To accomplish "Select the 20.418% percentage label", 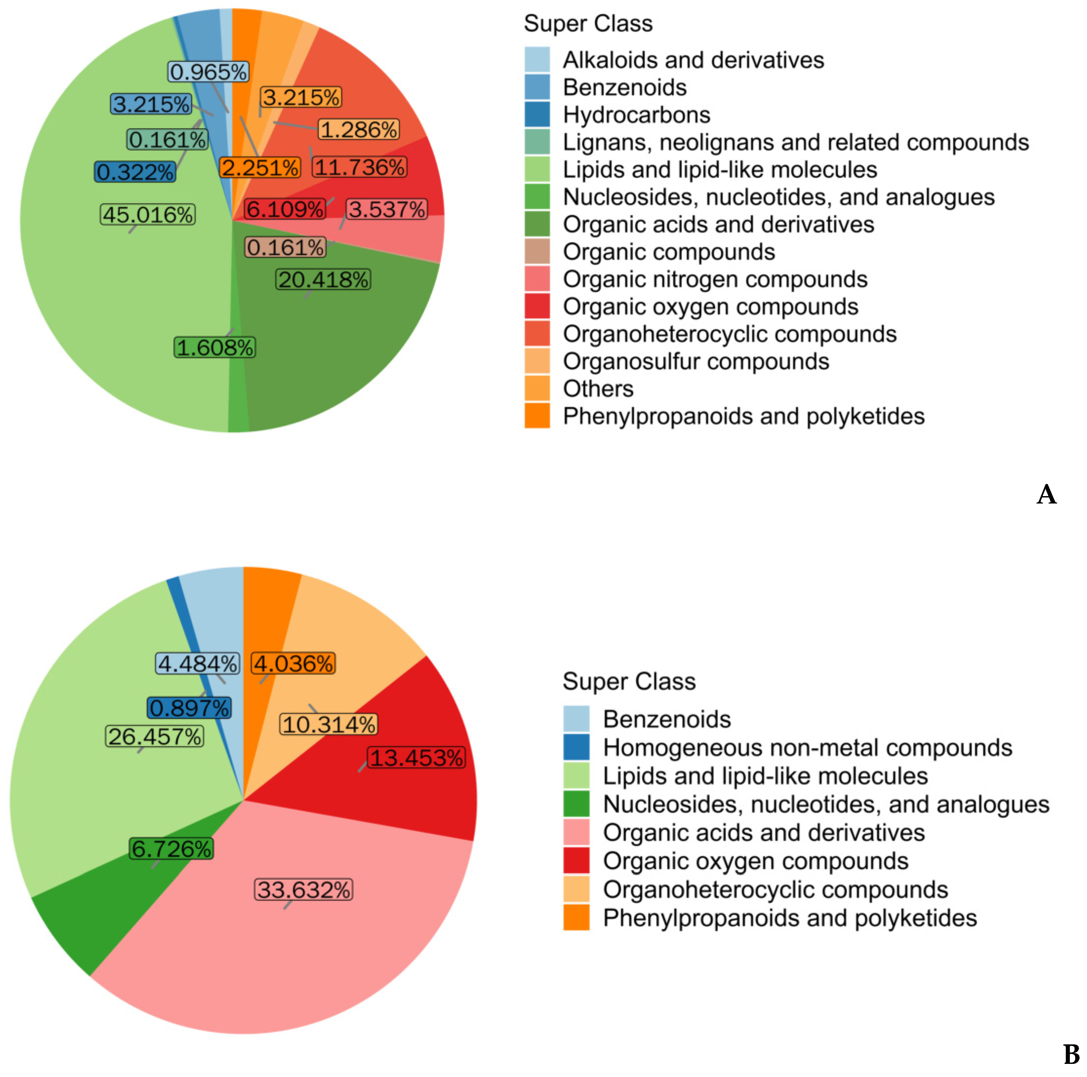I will [323, 280].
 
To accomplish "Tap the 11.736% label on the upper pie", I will [359, 167].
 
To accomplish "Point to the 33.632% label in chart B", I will [304, 890].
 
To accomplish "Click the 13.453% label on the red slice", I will [416, 757].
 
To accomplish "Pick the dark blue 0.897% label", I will [189, 707].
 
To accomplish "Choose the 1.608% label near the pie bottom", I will [214, 347].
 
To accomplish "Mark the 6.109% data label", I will [285, 209].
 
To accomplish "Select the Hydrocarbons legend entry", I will [636, 115].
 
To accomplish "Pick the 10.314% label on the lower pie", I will [328, 725].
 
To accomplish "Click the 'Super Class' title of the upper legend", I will [588, 24].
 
